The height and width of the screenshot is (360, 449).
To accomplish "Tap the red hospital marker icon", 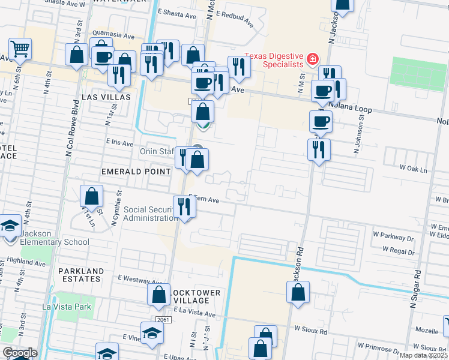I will click(x=312, y=59).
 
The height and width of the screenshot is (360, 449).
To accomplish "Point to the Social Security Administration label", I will click(x=148, y=214).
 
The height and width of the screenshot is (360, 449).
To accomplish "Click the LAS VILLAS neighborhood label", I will click(x=106, y=97).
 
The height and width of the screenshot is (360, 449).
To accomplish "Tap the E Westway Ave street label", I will click(x=140, y=278).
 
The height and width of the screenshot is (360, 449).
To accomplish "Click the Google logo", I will click(x=19, y=353).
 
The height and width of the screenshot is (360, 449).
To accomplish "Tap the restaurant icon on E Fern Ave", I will click(x=184, y=207).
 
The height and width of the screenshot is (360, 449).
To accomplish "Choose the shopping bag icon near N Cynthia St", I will click(x=91, y=196).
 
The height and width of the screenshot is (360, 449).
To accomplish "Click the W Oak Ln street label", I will click(x=417, y=170).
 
